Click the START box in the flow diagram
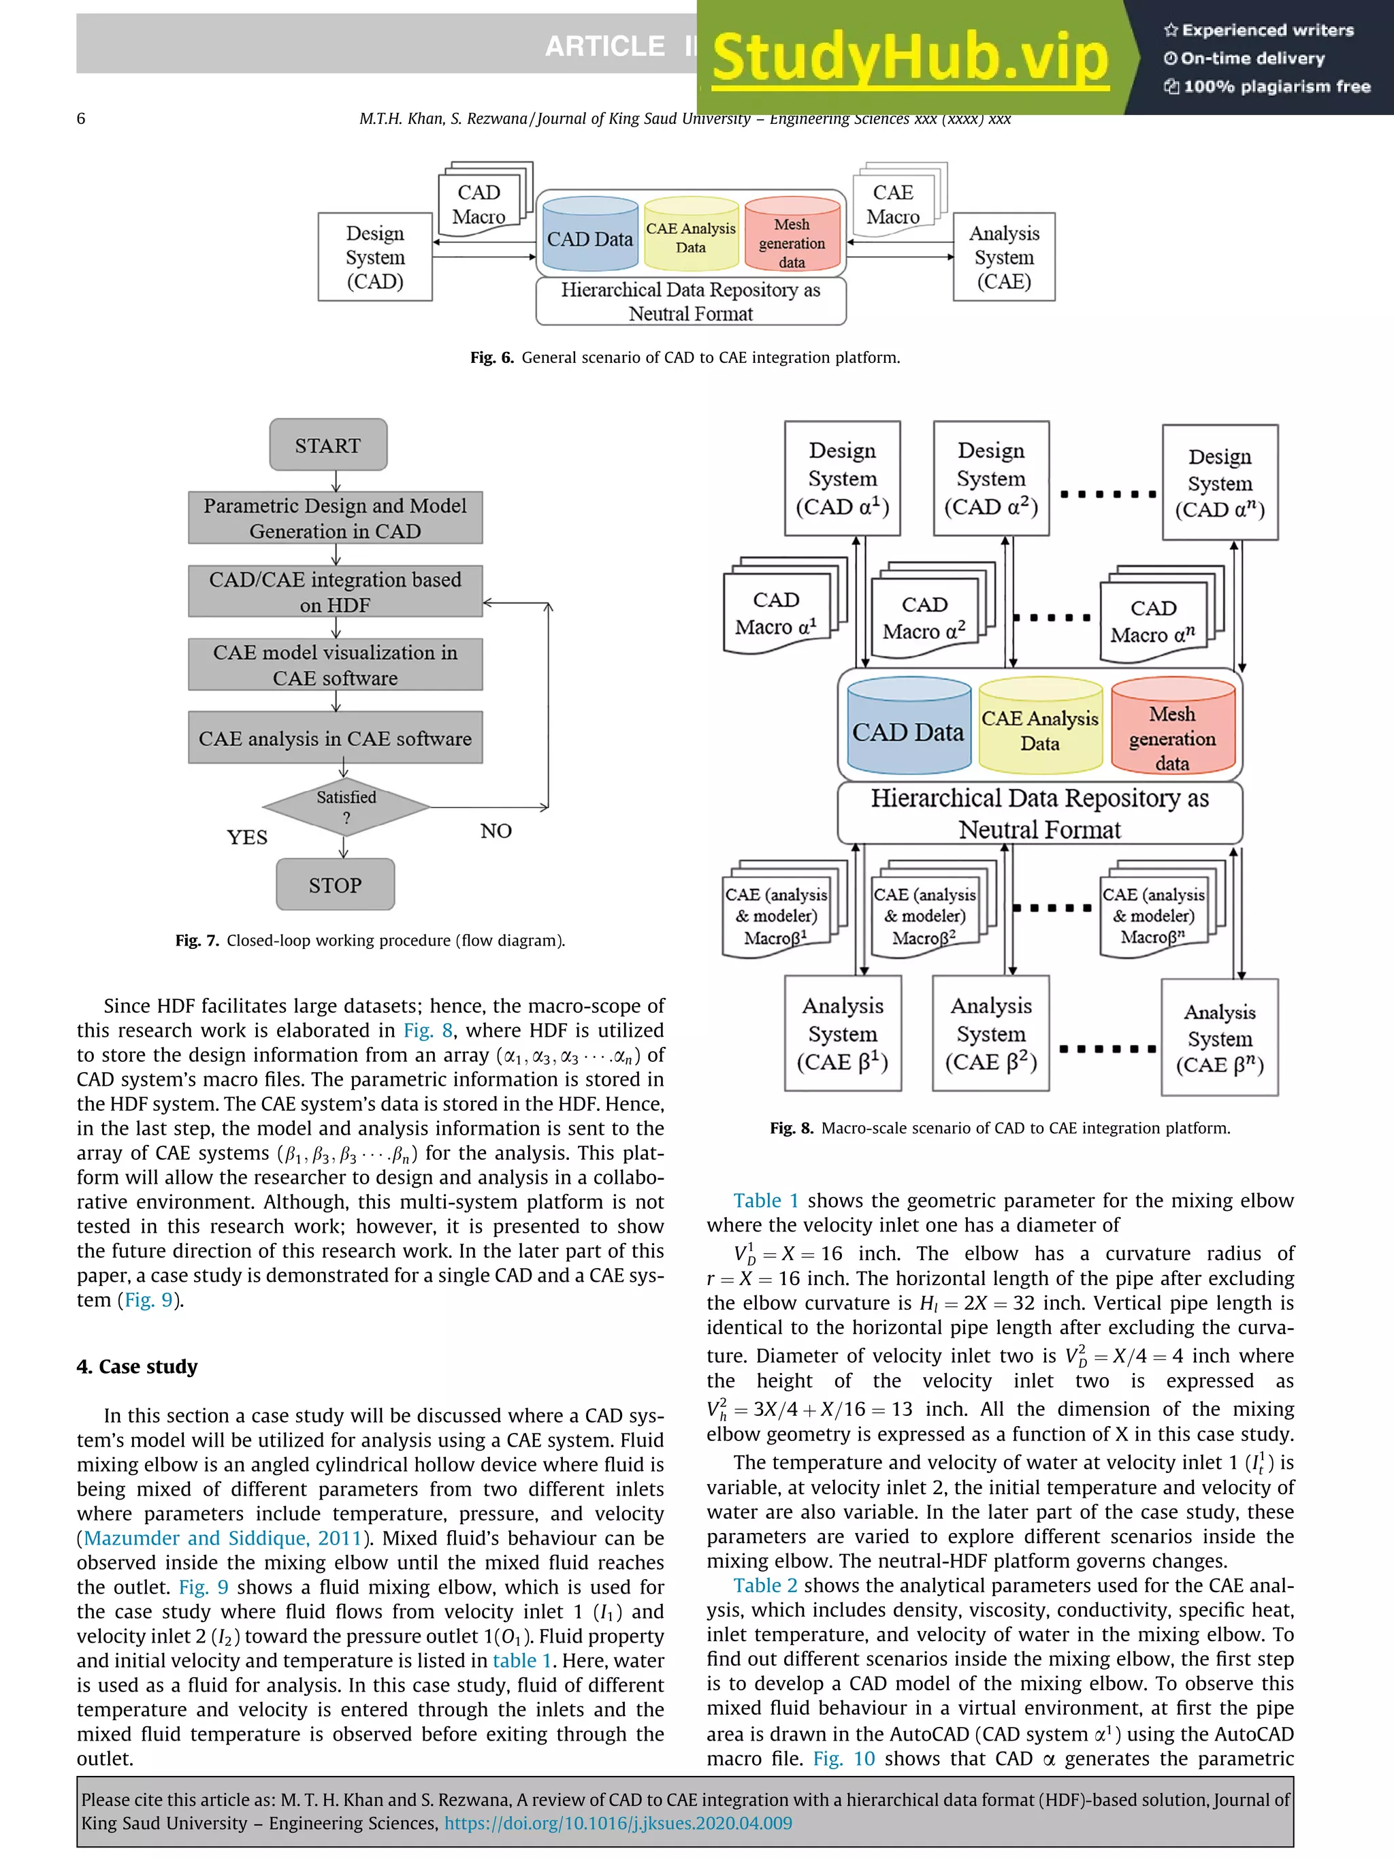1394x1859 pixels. coord(327,444)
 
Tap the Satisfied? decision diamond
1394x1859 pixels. coord(346,807)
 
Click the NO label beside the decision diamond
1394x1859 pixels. coord(496,830)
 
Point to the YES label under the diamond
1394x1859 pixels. coord(247,837)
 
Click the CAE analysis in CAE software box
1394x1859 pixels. coord(336,738)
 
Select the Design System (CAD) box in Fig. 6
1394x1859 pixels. coord(375,257)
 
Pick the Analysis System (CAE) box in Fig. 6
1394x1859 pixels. coord(1003,257)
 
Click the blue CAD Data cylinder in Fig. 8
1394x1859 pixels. coord(908,727)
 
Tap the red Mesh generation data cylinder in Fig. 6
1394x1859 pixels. coord(792,237)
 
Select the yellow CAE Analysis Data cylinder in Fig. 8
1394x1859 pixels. coord(1039,728)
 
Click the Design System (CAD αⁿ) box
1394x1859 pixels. coord(1219,483)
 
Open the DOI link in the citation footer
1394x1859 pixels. coord(617,1823)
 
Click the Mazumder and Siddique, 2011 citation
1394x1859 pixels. coord(223,1538)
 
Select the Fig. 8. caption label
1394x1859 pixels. coord(791,1128)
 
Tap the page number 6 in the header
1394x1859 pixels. coord(81,118)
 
